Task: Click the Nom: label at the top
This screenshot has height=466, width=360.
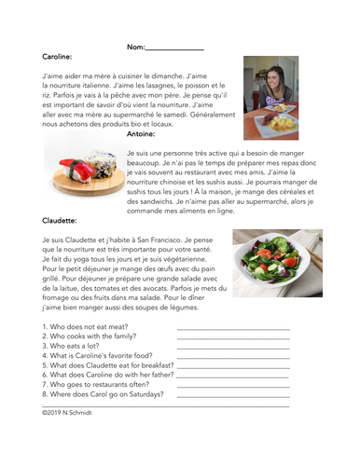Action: click(134, 46)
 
